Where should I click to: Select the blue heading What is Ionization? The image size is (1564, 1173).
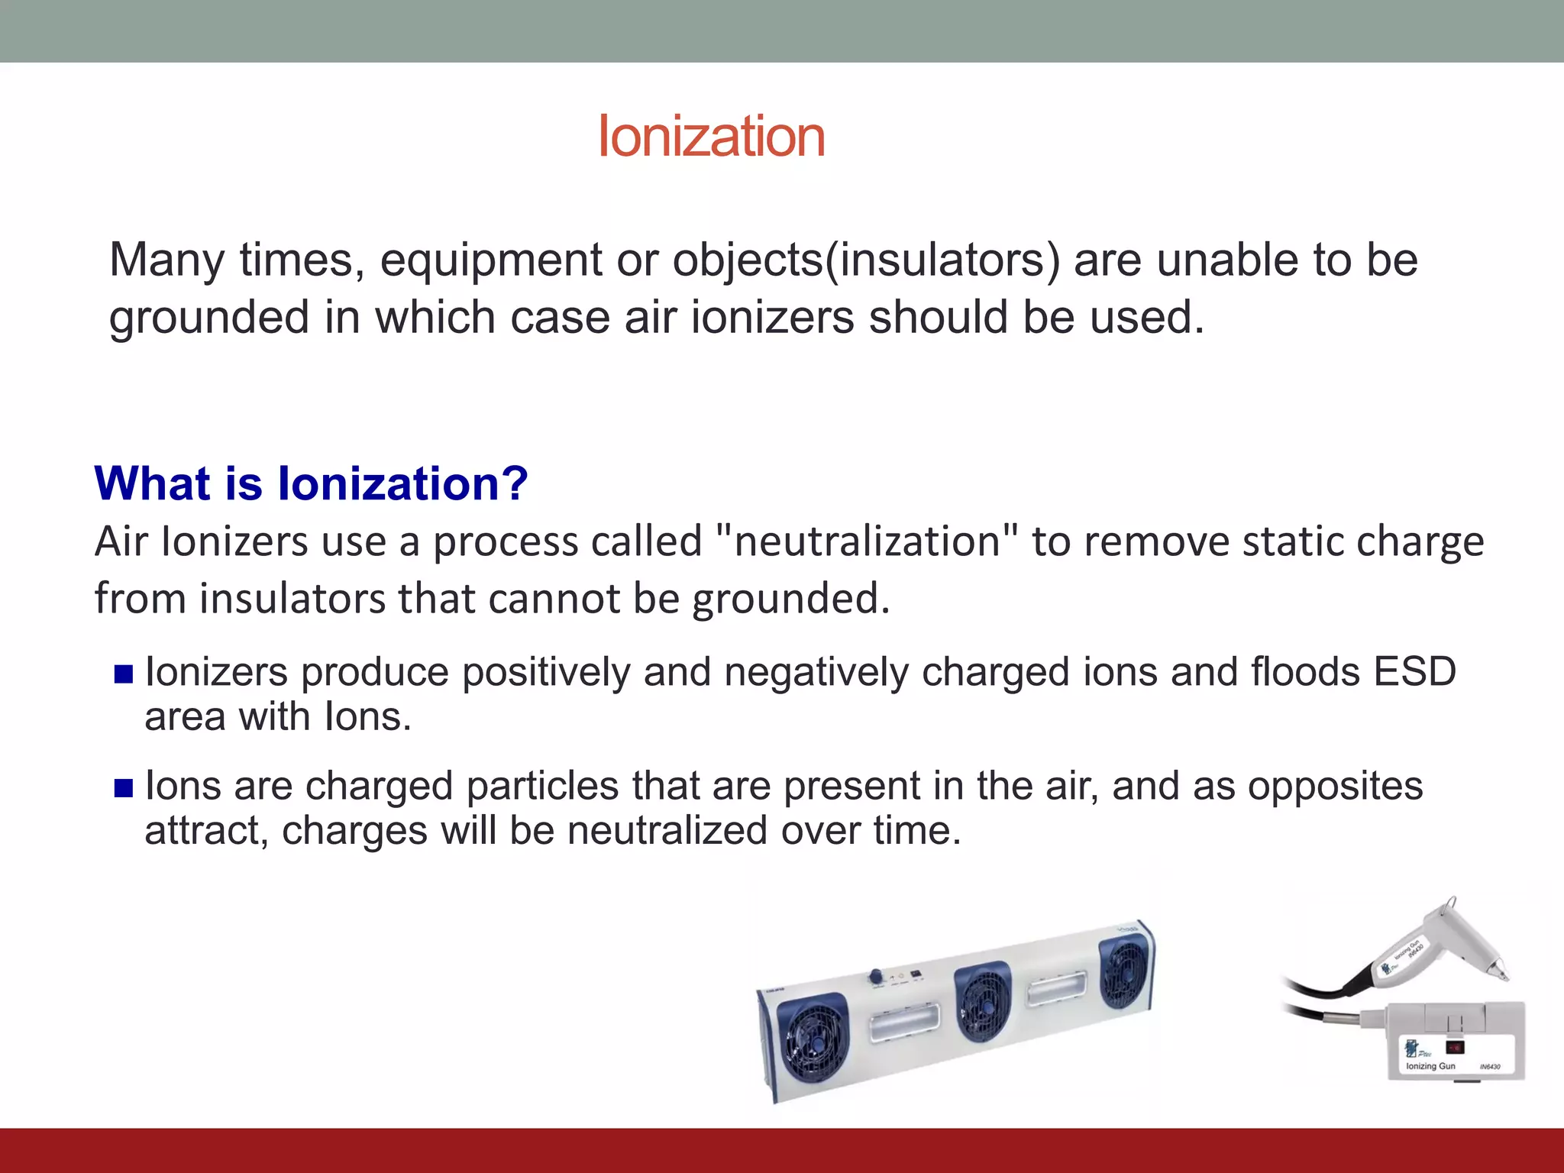pos(311,483)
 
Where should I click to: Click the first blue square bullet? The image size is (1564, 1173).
pos(124,674)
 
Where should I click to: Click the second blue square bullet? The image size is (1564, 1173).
pos(124,787)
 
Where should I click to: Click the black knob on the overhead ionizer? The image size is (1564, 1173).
pos(876,977)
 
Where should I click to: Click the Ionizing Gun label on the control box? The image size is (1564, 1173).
pos(1430,1066)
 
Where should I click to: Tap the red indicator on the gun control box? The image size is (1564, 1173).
pos(1454,1047)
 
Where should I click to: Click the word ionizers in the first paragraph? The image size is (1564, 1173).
pos(772,318)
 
